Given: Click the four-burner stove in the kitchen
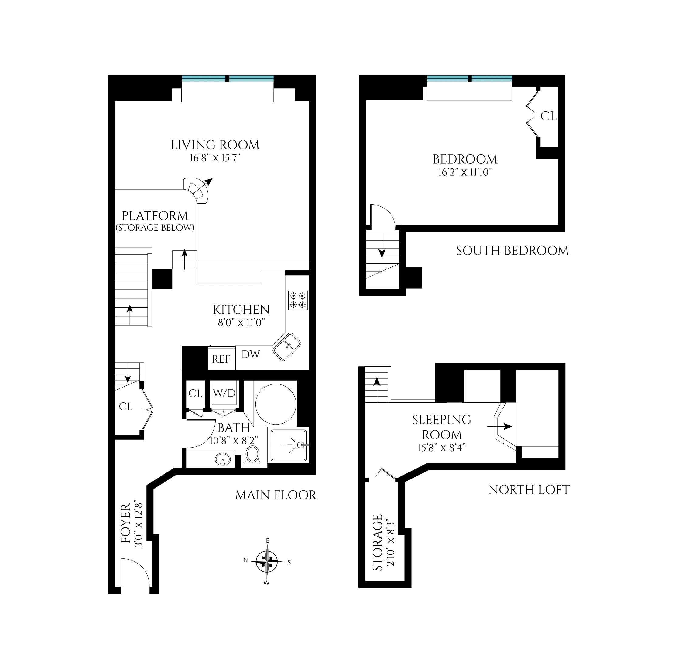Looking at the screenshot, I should pos(298,300).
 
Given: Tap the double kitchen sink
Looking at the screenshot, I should pos(286,347).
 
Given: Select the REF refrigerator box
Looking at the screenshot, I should pos(221,359).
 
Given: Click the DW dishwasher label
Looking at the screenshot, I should pos(251,354).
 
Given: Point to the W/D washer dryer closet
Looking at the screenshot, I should pos(224,393).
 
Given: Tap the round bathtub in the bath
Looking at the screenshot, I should pos(276,404).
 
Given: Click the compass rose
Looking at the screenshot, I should pos(267,561).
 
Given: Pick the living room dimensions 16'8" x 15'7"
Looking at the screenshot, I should pos(215,158).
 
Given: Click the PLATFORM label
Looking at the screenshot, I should pos(155,216).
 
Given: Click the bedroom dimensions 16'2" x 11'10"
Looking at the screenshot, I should pos(465,172).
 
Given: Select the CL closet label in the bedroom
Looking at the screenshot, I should pos(548,116).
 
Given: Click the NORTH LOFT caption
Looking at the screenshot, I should pos(529,490).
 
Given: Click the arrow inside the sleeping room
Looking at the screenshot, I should pos(500,427).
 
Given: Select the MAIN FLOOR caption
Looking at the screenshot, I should pos(276,495).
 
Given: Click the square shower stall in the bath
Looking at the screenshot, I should pos(288,445).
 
